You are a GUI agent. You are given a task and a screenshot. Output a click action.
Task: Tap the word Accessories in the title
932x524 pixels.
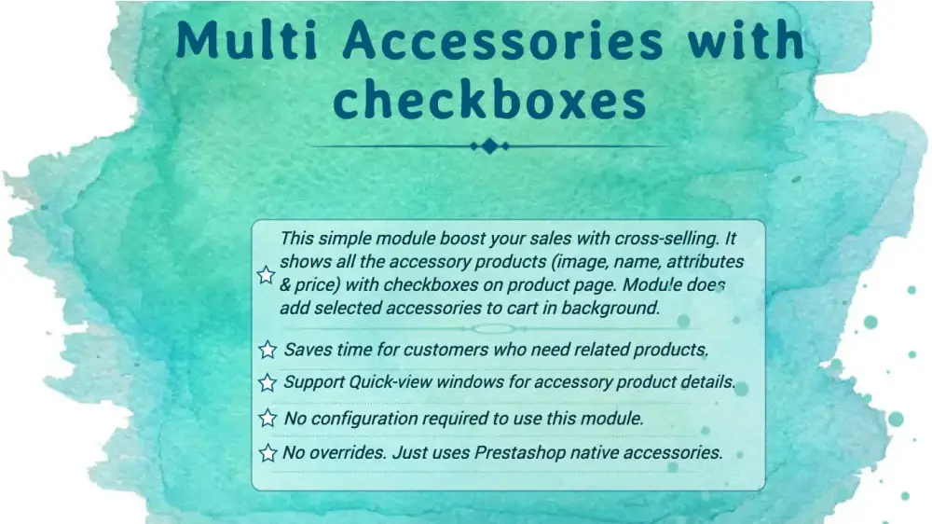504,41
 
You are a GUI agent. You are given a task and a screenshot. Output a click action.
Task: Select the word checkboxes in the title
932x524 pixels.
488,100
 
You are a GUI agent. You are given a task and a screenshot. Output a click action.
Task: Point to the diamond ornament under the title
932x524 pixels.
488,145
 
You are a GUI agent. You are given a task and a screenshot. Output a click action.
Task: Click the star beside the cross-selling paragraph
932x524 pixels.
266,274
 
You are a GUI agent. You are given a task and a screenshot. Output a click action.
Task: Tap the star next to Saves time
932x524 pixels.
267,350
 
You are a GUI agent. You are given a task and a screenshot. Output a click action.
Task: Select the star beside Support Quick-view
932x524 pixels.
267,382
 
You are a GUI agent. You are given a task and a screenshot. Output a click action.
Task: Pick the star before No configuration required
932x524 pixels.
267,418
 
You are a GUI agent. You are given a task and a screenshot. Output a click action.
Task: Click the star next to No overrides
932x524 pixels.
267,453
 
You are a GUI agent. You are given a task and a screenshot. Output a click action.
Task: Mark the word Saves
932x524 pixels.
308,350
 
